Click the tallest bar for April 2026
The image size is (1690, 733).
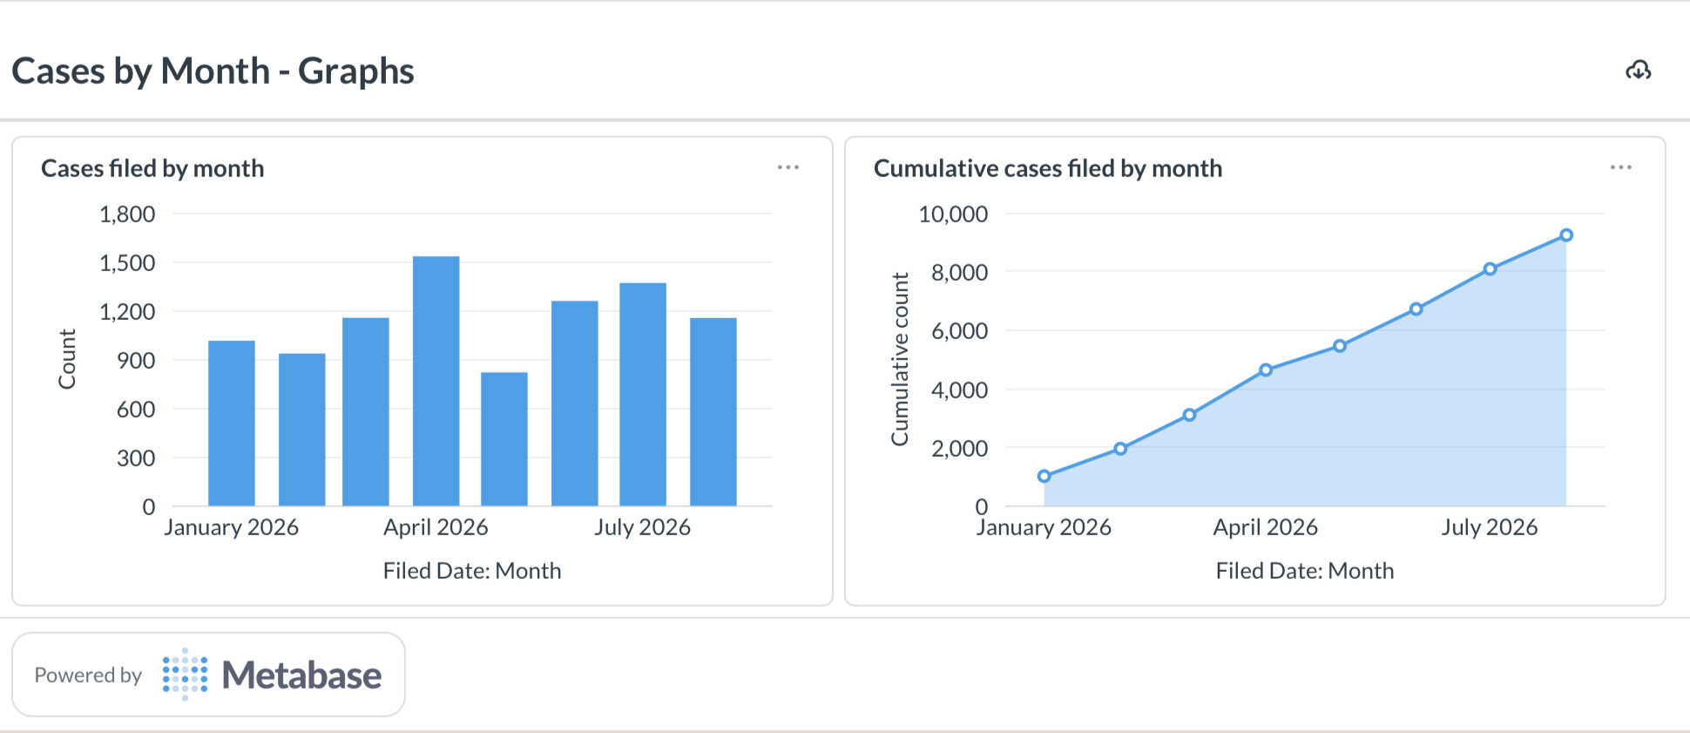(x=436, y=381)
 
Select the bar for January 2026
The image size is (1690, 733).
(x=232, y=423)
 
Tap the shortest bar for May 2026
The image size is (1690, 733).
(x=504, y=439)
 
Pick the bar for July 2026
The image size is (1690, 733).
(x=643, y=394)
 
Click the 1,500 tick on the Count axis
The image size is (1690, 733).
(x=127, y=262)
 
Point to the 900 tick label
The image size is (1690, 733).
(x=136, y=360)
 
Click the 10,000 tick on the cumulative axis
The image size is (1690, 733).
(x=953, y=214)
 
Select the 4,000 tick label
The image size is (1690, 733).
(x=959, y=390)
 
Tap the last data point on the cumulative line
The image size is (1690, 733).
(x=1566, y=235)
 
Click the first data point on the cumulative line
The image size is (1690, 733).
(x=1044, y=476)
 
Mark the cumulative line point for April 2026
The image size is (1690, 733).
(x=1266, y=370)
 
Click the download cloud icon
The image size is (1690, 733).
(x=1639, y=71)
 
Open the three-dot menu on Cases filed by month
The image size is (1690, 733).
(x=788, y=167)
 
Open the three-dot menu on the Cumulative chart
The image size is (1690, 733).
(x=1621, y=167)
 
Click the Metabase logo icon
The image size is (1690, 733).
(x=185, y=675)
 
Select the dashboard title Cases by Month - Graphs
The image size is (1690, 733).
(x=213, y=71)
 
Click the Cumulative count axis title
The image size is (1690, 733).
(x=899, y=359)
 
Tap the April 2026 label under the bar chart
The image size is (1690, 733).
(x=436, y=527)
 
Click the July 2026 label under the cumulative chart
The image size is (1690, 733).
(x=1490, y=527)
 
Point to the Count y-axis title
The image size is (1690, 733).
(x=67, y=359)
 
